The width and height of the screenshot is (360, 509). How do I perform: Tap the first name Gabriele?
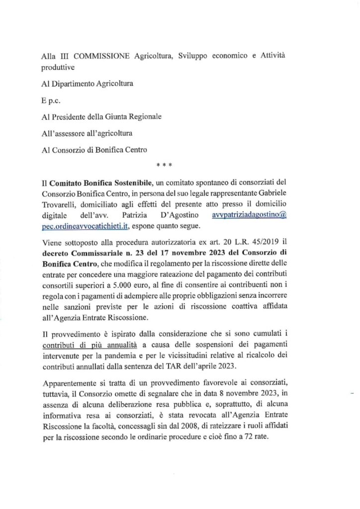pos(284,194)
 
